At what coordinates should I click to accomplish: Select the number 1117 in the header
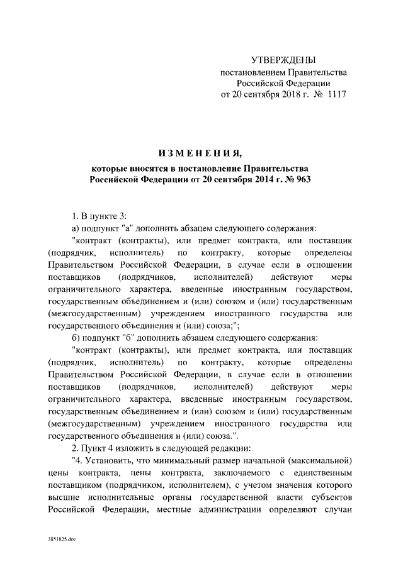point(334,94)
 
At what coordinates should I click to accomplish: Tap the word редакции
point(234,448)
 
